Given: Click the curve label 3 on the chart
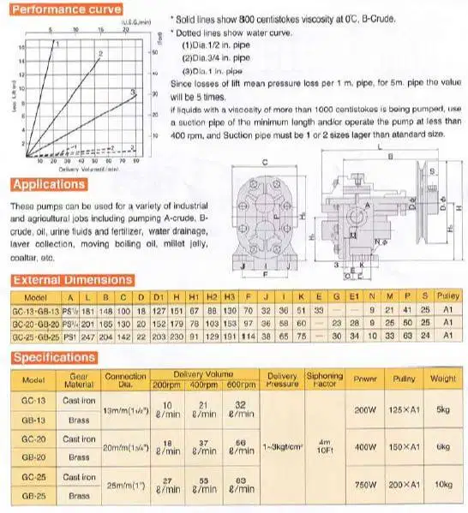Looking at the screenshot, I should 132,91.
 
